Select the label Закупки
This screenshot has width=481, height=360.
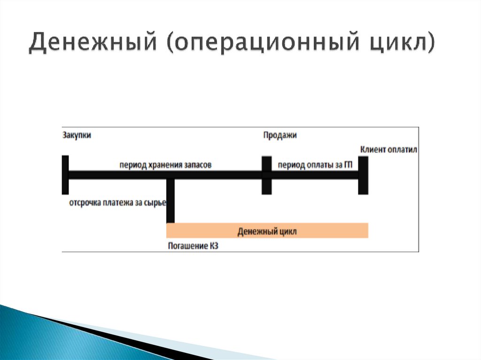(x=77, y=135)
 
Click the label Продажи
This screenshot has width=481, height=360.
(x=279, y=135)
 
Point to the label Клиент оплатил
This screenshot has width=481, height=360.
(x=389, y=149)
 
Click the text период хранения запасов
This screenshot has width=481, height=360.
(x=165, y=165)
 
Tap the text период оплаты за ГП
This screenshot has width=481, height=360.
(x=315, y=165)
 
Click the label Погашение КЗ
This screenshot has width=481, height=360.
(x=193, y=245)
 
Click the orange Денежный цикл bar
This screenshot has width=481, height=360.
(x=267, y=231)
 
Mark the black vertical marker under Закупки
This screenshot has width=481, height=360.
(x=65, y=175)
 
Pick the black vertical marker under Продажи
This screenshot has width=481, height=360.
(x=266, y=175)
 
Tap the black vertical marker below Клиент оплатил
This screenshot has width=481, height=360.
(x=363, y=175)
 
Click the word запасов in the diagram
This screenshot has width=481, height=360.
(x=199, y=165)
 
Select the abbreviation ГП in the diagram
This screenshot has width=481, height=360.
(x=348, y=165)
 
